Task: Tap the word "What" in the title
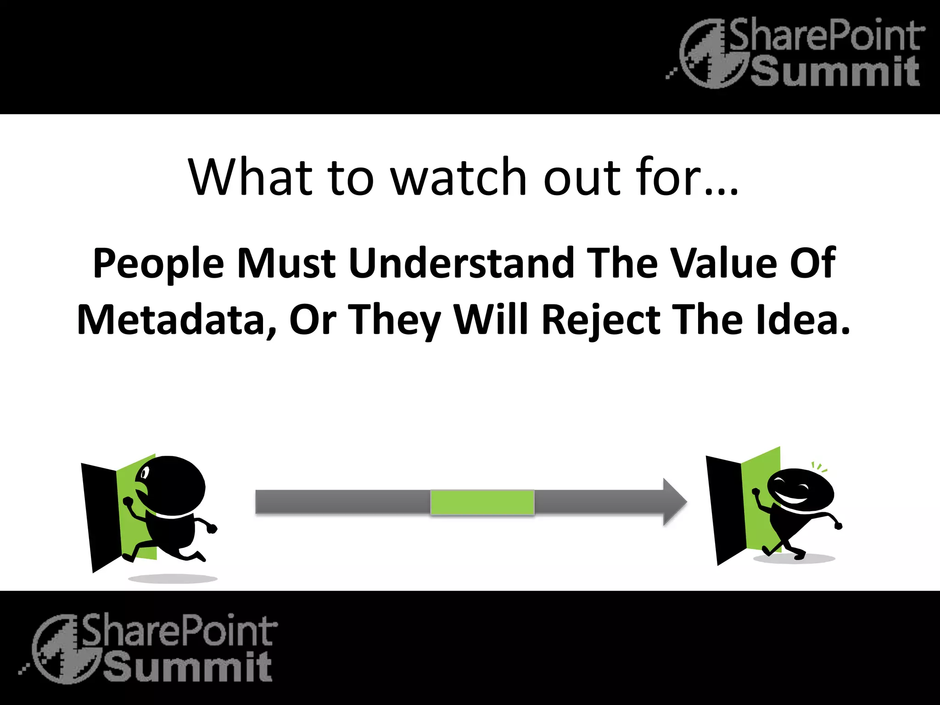[x=250, y=178]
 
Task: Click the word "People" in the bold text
[x=158, y=264]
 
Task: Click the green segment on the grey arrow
[x=482, y=502]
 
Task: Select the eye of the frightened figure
[x=145, y=472]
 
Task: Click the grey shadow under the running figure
[x=172, y=578]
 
